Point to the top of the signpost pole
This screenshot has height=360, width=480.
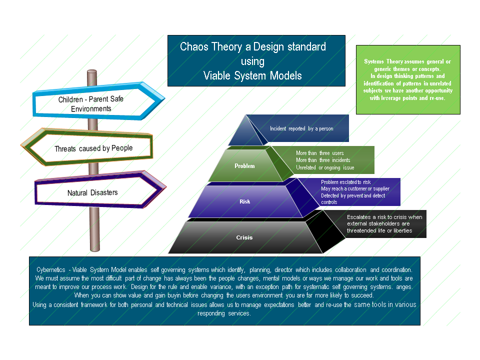point(92,71)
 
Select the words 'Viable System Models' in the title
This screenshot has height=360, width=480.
point(252,75)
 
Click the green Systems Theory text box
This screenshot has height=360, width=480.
point(408,79)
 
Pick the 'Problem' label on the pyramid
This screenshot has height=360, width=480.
point(244,166)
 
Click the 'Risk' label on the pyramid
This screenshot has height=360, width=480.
point(244,201)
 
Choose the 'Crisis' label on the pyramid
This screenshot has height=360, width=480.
point(244,237)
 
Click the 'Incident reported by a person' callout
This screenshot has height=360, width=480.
point(301,128)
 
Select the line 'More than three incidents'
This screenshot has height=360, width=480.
point(323,160)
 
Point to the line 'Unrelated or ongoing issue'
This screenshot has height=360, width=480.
point(325,167)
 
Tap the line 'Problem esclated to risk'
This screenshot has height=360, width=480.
point(345,182)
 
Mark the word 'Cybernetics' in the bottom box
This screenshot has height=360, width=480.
point(51,269)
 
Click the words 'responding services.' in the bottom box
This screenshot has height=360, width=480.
point(224,313)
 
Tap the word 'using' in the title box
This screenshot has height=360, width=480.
point(252,61)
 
